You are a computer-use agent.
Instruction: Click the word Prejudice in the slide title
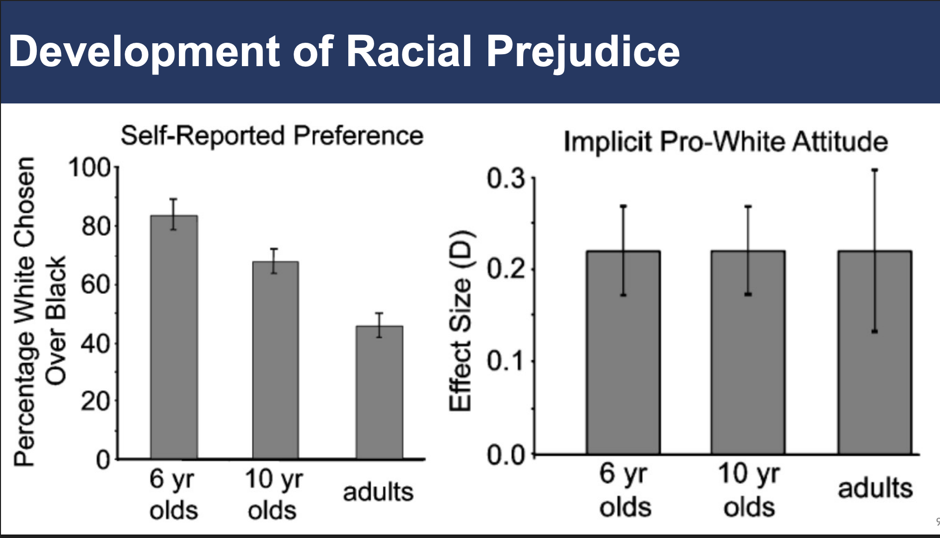[x=582, y=51]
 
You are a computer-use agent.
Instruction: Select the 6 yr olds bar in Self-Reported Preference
[x=174, y=338]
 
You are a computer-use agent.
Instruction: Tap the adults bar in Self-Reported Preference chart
[x=379, y=393]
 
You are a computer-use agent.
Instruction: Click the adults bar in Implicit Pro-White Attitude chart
[x=874, y=353]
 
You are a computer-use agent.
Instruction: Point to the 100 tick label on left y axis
[x=89, y=168]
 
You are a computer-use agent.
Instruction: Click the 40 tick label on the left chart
[x=96, y=343]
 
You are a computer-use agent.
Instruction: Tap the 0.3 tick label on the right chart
[x=505, y=179]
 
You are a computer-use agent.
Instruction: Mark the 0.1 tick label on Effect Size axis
[x=505, y=361]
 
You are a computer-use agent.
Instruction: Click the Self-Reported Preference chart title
[x=272, y=136]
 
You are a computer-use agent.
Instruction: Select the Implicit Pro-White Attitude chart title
[x=725, y=142]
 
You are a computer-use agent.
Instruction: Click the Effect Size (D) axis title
[x=461, y=321]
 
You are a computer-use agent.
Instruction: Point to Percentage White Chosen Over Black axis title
[x=40, y=312]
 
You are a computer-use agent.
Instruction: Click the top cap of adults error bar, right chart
[x=874, y=170]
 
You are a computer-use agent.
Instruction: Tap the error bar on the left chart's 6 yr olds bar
[x=173, y=214]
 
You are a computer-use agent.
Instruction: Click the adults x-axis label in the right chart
[x=875, y=488]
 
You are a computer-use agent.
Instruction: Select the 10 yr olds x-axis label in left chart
[x=273, y=495]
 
